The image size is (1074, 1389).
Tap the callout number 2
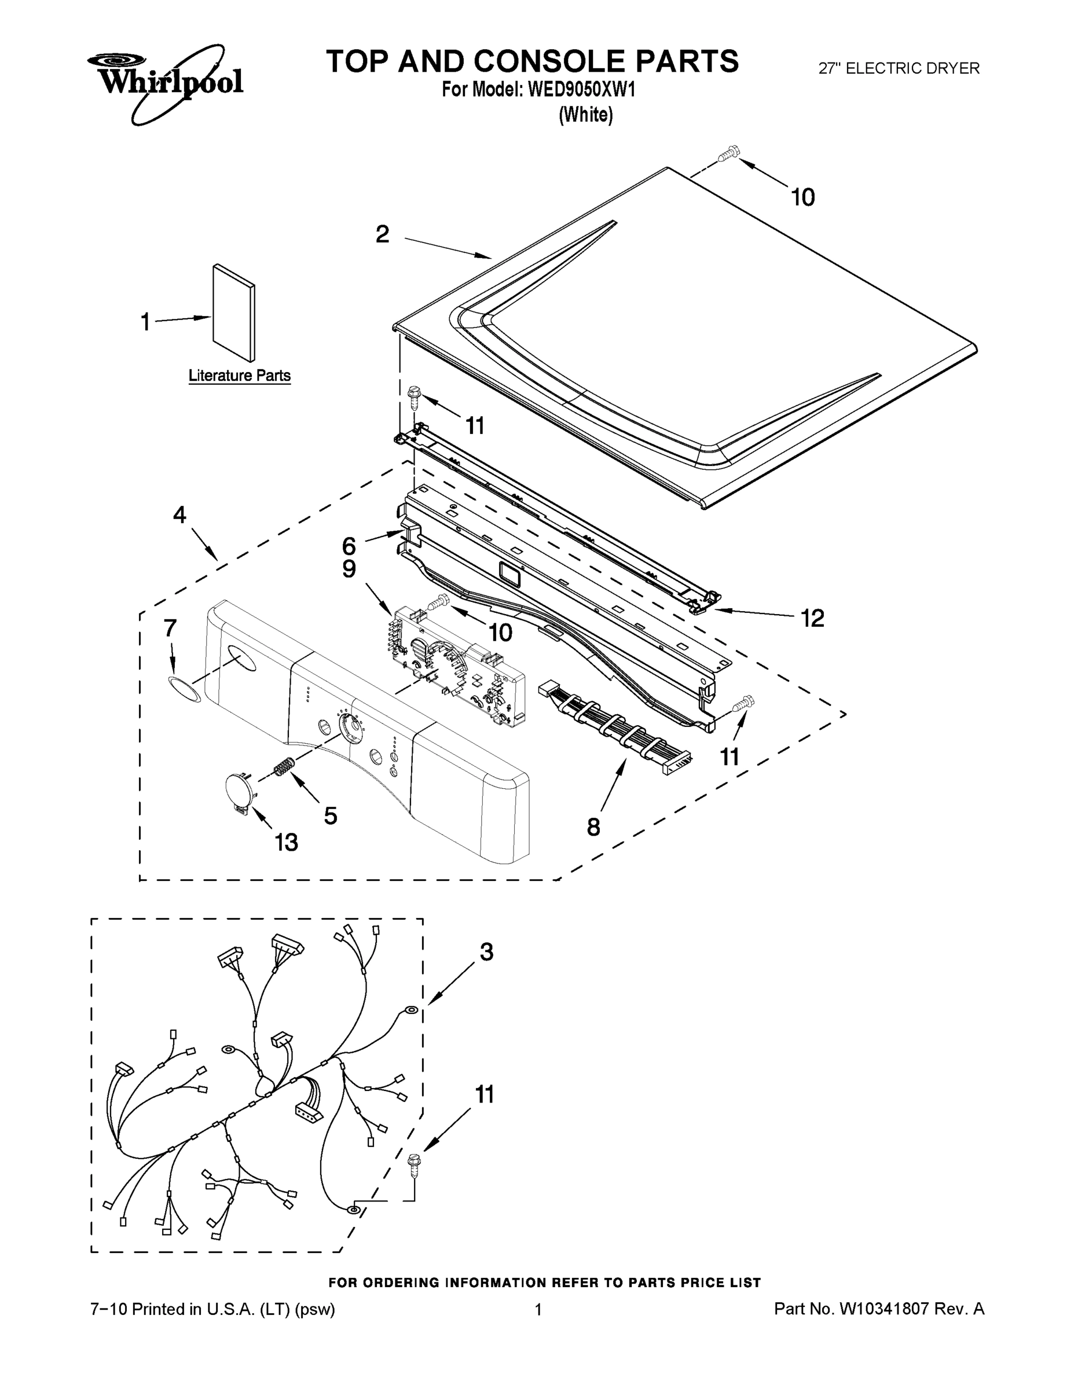pos(382,234)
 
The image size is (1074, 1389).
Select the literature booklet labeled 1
pos(233,313)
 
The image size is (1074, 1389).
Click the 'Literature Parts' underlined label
pos(239,376)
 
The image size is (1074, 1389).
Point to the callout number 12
pos(812,618)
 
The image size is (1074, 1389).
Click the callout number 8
pos(593,827)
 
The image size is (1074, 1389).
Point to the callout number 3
pos(486,952)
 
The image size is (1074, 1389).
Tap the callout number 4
pos(180,515)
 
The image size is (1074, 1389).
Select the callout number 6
pos(349,545)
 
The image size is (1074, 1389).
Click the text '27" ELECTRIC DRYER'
pos(899,69)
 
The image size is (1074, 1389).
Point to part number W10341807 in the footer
pos(885,1309)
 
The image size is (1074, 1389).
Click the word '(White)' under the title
pos(585,115)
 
